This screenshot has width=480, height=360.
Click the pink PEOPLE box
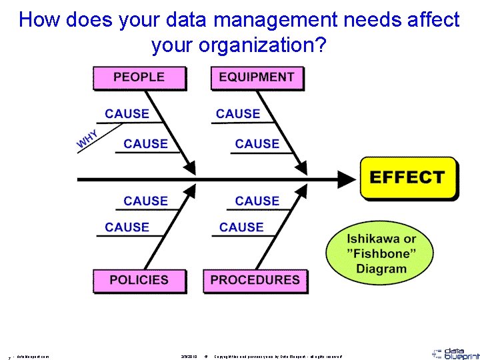pyautogui.click(x=138, y=77)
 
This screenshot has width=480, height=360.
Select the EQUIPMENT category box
pyautogui.click(x=256, y=77)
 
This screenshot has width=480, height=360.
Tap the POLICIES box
pyautogui.click(x=139, y=280)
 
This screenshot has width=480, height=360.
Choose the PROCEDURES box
pyautogui.click(x=255, y=280)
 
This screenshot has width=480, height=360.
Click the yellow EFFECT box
pyautogui.click(x=408, y=178)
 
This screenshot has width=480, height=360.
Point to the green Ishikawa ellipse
pyautogui.click(x=381, y=254)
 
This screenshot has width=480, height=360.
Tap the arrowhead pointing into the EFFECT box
pyautogui.click(x=348, y=179)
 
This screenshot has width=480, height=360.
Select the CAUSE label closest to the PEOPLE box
pyautogui.click(x=127, y=114)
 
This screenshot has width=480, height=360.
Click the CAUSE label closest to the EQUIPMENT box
pyautogui.click(x=238, y=114)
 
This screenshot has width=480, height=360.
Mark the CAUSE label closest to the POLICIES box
pyautogui.click(x=127, y=227)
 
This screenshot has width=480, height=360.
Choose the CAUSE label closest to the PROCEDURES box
pyautogui.click(x=241, y=227)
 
